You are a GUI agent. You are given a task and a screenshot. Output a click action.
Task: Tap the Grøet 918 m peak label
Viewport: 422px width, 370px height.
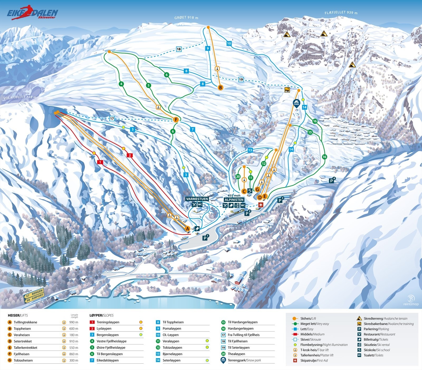(186, 18)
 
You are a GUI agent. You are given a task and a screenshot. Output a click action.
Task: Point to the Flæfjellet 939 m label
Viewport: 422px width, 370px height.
(341, 13)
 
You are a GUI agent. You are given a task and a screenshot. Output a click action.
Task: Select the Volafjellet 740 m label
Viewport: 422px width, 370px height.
(20, 97)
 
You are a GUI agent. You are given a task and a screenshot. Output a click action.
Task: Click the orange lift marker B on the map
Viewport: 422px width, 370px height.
(220, 88)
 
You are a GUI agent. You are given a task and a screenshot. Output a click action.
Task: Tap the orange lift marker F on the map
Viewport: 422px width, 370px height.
(176, 120)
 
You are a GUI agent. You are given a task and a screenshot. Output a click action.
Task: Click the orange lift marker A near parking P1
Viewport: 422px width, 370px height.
(187, 229)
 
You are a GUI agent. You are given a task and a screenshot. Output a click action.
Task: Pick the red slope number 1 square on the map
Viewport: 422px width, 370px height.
(100, 162)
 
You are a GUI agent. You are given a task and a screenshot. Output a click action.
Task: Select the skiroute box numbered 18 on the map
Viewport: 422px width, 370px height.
(179, 49)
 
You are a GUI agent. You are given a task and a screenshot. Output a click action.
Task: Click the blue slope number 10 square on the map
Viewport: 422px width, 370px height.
(229, 43)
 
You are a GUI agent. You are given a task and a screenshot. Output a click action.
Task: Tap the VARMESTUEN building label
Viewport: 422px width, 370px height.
(197, 199)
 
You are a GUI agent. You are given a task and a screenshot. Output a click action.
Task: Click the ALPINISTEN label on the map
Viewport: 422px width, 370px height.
(234, 200)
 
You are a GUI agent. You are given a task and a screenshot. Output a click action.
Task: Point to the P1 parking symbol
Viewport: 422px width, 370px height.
(205, 238)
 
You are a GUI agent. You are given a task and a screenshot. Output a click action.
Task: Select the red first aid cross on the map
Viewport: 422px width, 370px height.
(261, 205)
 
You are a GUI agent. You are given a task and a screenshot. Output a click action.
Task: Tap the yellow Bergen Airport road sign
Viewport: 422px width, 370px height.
(33, 295)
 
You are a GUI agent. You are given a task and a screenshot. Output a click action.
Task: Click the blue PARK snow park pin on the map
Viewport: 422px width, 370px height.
(296, 103)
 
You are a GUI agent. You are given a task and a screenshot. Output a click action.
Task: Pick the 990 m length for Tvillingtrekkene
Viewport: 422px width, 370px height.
(73, 322)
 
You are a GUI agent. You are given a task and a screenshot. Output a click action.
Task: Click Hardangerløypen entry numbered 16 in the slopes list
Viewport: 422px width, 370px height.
(241, 329)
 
